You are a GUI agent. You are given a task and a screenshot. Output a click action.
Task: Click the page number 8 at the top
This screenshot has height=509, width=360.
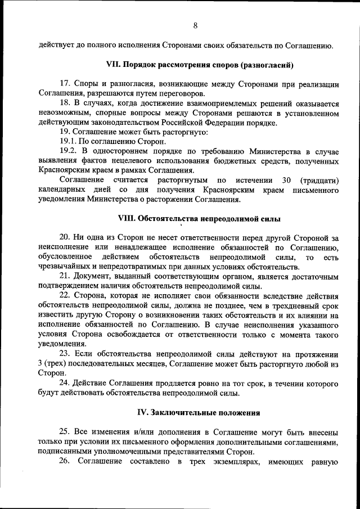tap(195, 26)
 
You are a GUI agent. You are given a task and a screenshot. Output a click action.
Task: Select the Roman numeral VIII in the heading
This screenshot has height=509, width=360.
tap(128, 218)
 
